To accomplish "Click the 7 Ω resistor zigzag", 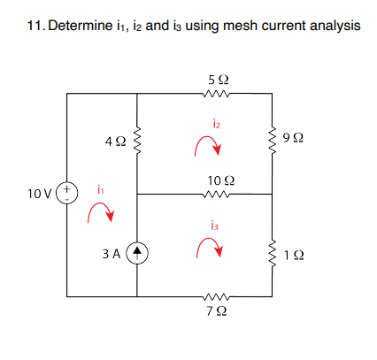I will pos(216,296).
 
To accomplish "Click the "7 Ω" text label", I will pos(216,312).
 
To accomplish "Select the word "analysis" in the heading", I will pos(328,26).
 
